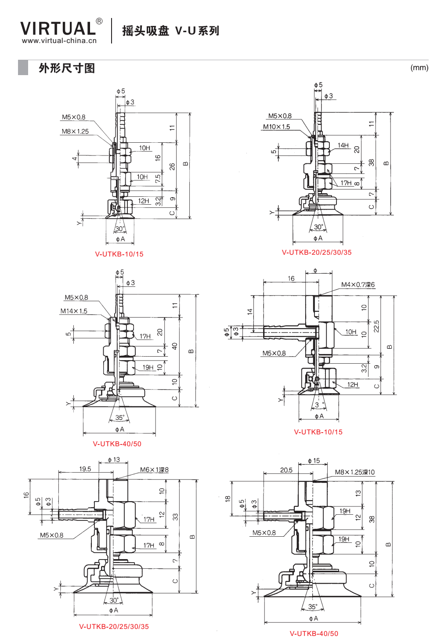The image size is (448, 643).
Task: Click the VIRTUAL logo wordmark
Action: pos(58,28)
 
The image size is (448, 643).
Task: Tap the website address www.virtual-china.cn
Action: pos(59,40)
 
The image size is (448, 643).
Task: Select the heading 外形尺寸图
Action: pos(67,69)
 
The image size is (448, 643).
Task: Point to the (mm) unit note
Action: pos(419,68)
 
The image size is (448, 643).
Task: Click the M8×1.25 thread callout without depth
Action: pos(75,131)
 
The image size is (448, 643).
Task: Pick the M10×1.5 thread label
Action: pos(276,126)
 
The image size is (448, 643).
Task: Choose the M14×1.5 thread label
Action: pos(74,311)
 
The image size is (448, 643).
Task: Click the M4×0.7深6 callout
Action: pos(358,285)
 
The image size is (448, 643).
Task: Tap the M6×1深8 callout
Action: pos(155,470)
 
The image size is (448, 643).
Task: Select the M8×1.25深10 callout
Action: pos(355,472)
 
